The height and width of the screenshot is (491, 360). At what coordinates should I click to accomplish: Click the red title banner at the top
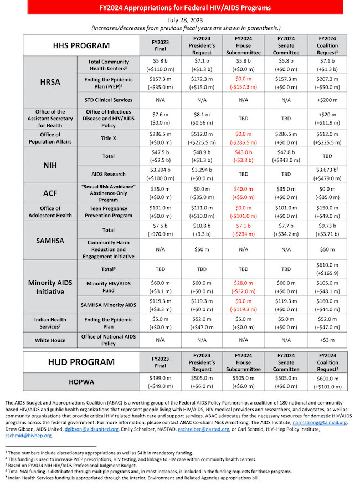coord(179,8)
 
